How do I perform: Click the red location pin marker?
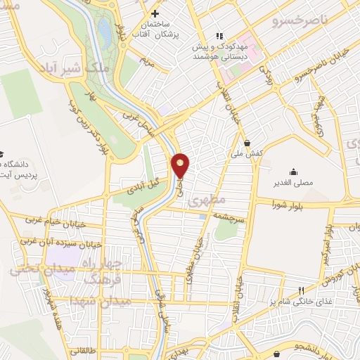pos(181,165)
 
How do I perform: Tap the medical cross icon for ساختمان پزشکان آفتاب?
pos(155,13)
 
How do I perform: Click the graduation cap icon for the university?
pos(2,153)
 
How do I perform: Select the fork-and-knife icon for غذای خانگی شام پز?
pos(302,290)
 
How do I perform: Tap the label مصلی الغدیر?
pos(292,185)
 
